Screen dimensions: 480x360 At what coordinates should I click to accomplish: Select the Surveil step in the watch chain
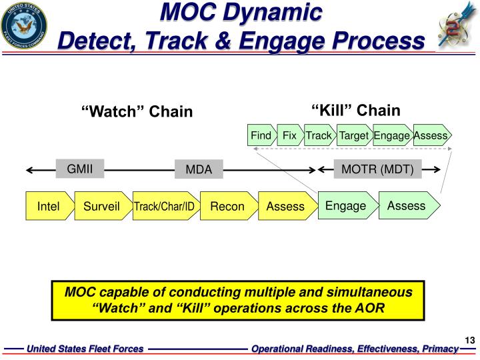point(103,206)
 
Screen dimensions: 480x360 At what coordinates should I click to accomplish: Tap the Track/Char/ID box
point(166,206)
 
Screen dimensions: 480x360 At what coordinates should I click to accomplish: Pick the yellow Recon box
point(229,206)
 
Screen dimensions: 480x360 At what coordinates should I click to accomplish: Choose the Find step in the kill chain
point(262,135)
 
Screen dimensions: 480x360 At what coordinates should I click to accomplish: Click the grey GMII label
point(80,169)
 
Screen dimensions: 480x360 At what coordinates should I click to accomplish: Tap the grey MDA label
point(199,169)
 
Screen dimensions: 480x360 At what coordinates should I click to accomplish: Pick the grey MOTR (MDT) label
point(377,169)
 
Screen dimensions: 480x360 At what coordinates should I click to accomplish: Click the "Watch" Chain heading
point(137,111)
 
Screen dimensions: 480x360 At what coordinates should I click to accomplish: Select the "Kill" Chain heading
point(356,110)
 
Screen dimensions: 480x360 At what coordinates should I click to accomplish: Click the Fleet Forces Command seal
point(24,26)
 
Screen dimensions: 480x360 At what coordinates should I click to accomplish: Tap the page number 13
point(469,340)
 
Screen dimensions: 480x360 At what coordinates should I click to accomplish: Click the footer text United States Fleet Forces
point(85,349)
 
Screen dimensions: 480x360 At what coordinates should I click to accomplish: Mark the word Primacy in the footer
point(440,349)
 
